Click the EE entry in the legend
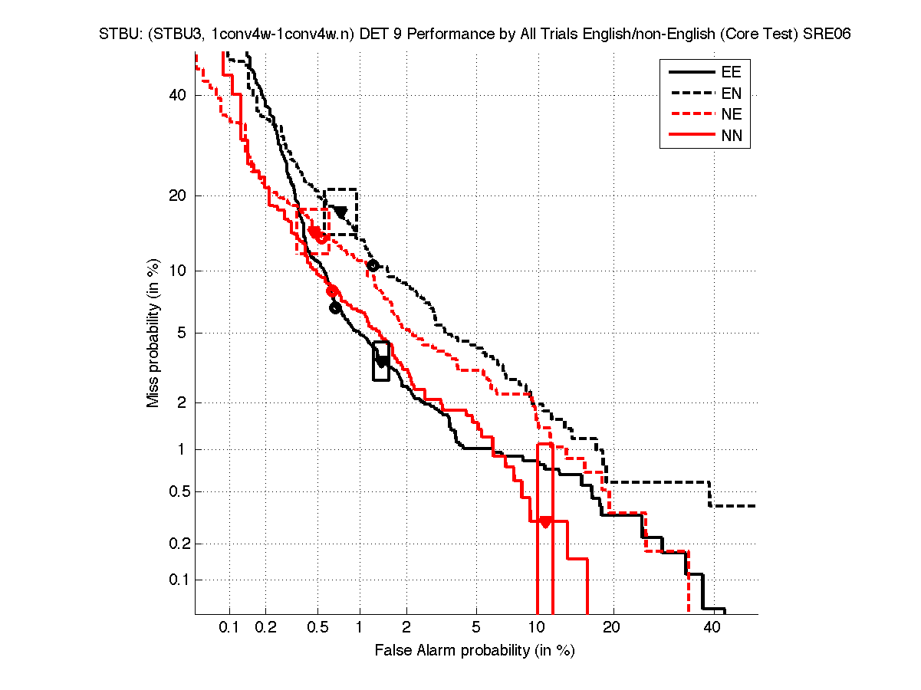731,73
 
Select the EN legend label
731,94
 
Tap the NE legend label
731,116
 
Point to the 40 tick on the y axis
178,95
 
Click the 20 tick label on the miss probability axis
178,195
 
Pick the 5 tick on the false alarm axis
476,628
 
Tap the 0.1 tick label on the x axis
229,628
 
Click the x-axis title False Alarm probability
475,651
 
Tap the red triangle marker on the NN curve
545,522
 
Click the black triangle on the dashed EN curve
340,212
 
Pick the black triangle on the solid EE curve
382,361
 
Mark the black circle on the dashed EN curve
373,265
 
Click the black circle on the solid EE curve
335,308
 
